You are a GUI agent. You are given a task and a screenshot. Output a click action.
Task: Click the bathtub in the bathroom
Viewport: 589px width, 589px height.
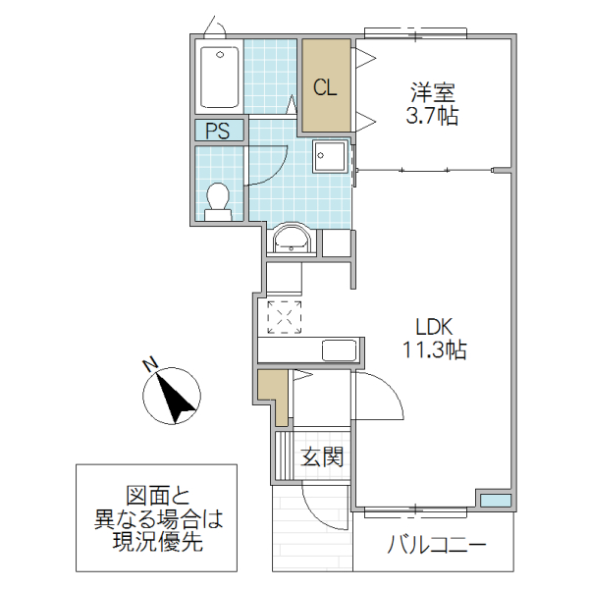click(219, 77)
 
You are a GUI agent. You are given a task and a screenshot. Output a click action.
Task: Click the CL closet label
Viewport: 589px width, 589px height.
click(325, 86)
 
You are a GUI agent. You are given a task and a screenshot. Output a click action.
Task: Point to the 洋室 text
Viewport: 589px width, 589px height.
click(433, 94)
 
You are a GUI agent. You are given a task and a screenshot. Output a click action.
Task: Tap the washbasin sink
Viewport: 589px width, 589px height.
click(292, 240)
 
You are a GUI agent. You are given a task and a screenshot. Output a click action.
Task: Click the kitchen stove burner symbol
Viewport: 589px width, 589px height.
click(285, 316)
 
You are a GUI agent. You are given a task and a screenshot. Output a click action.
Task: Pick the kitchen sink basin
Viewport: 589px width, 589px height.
click(339, 350)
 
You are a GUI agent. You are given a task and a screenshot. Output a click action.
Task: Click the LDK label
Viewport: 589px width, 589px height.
click(433, 327)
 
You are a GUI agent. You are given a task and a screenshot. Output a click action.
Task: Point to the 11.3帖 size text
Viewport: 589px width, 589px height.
click(433, 349)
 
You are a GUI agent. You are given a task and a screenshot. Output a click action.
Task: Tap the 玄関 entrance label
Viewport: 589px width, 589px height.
click(322, 456)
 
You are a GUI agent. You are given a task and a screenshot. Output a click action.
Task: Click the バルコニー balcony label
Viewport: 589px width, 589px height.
click(438, 545)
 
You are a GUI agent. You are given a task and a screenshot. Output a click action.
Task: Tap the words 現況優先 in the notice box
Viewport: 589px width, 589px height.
click(157, 543)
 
